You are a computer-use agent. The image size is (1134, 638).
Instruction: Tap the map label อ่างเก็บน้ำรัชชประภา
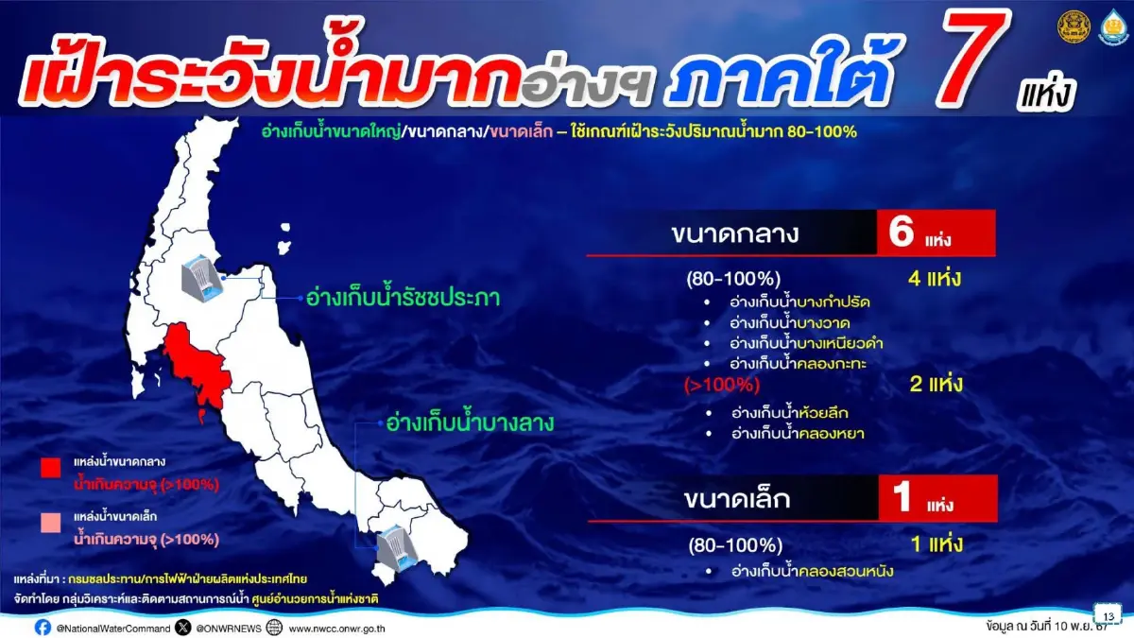[403, 299]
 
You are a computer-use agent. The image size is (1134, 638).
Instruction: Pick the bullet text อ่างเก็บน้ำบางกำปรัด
[799, 302]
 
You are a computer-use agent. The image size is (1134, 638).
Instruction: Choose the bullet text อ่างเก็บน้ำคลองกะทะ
[799, 363]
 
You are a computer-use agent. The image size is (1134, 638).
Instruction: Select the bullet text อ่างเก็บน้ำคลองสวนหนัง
[812, 571]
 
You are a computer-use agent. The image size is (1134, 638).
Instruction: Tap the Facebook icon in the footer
[43, 628]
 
